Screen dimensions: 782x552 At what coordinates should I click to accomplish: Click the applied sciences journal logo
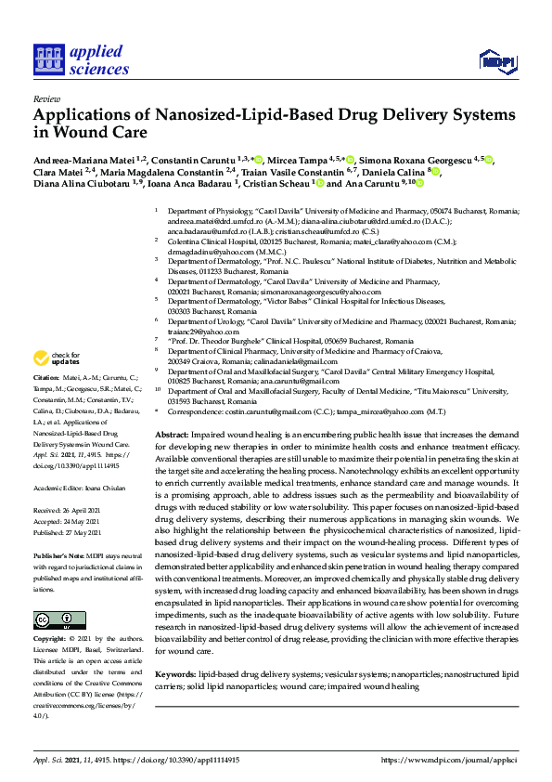[x=81, y=59]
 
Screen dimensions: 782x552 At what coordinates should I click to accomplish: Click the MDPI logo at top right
[x=496, y=62]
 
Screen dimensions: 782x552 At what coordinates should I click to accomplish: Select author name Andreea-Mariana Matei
[x=84, y=161]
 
